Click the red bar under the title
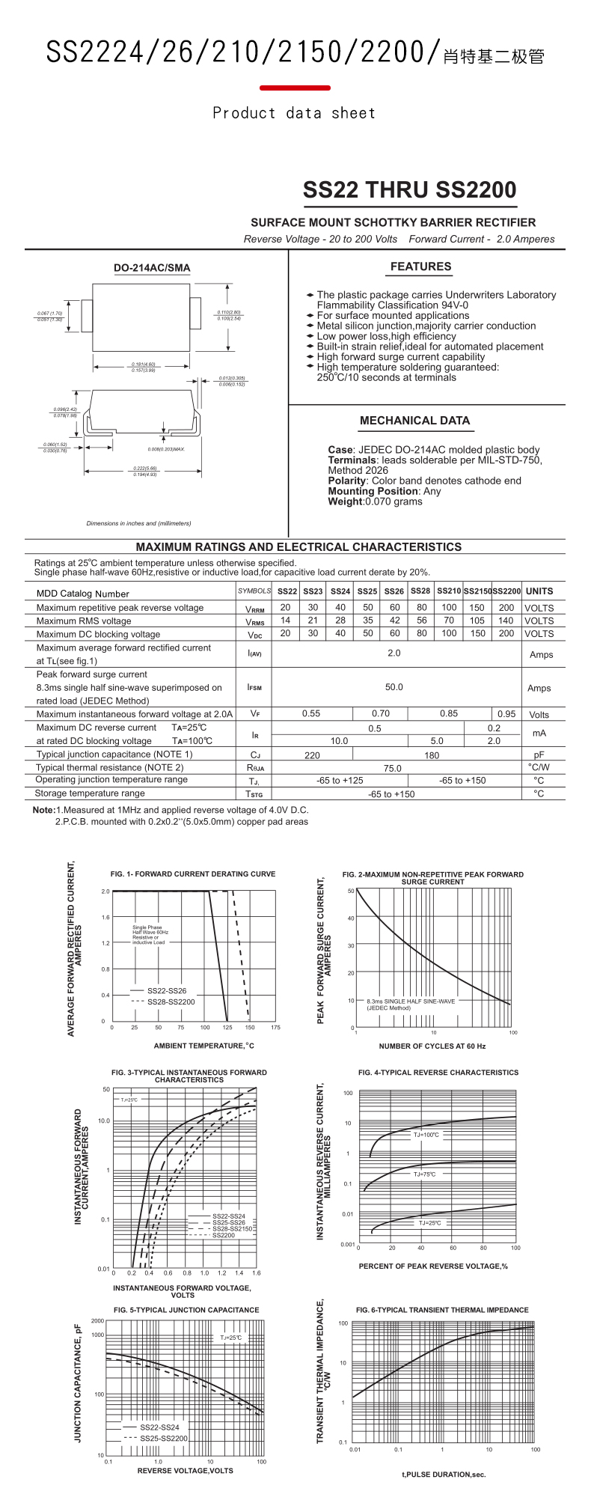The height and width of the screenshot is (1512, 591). [x=295, y=88]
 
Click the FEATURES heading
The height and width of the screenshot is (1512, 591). [x=420, y=266]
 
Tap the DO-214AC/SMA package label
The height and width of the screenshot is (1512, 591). [x=152, y=268]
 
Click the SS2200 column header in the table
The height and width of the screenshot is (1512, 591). [x=506, y=591]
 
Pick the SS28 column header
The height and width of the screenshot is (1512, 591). [x=420, y=591]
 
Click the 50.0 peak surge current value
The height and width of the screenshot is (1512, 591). [x=394, y=687]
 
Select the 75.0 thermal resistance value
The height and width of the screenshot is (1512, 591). [x=392, y=768]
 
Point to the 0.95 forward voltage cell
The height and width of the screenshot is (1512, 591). [x=506, y=714]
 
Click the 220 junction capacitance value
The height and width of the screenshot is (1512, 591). [x=312, y=755]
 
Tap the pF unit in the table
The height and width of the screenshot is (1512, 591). [x=539, y=755]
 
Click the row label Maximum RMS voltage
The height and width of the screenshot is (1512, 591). [x=84, y=621]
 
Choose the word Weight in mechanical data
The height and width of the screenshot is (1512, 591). [x=345, y=502]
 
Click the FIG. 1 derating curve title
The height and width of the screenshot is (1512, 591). [x=192, y=874]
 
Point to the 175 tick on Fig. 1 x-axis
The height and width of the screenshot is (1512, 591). [x=275, y=1028]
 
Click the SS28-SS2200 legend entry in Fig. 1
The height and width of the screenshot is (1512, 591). [x=171, y=1002]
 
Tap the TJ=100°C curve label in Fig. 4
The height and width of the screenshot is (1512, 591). [x=426, y=1135]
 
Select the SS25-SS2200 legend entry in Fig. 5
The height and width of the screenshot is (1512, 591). [x=163, y=1438]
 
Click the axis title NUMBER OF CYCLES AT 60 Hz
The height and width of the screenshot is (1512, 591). [x=432, y=1046]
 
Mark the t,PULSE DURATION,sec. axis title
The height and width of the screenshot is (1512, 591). [x=444, y=1475]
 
